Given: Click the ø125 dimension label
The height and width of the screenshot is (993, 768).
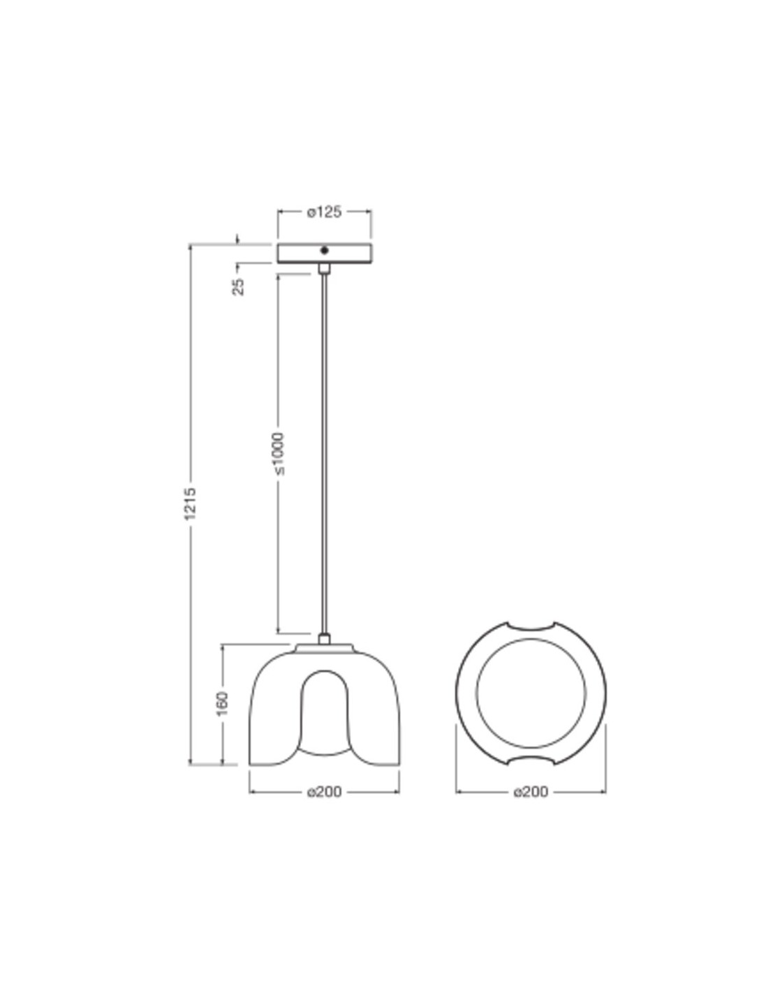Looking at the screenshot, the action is (x=324, y=212).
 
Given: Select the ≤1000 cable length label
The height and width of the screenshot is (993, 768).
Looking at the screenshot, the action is (x=279, y=454).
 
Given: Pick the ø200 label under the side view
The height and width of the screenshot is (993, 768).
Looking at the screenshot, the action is (x=324, y=792).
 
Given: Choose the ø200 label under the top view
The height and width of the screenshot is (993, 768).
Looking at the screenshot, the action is (x=531, y=792).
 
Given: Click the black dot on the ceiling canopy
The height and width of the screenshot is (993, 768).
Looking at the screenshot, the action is (x=325, y=251).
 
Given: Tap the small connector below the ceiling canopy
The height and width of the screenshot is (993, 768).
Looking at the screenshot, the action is (x=325, y=269).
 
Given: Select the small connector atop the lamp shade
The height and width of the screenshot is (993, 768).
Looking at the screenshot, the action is (x=325, y=639).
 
